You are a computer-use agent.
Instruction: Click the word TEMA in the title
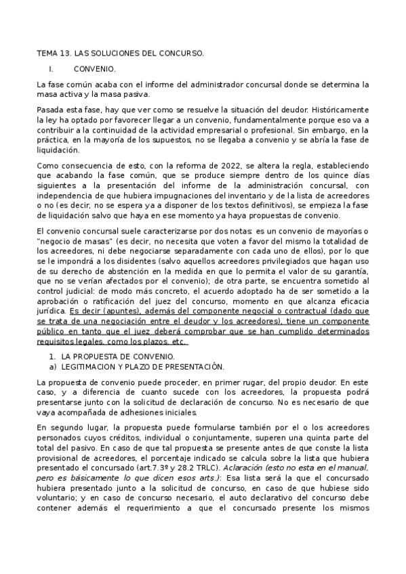47,53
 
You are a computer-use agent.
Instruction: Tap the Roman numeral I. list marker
50,69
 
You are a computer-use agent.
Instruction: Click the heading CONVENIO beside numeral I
94,69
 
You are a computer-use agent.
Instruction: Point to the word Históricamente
340,110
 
